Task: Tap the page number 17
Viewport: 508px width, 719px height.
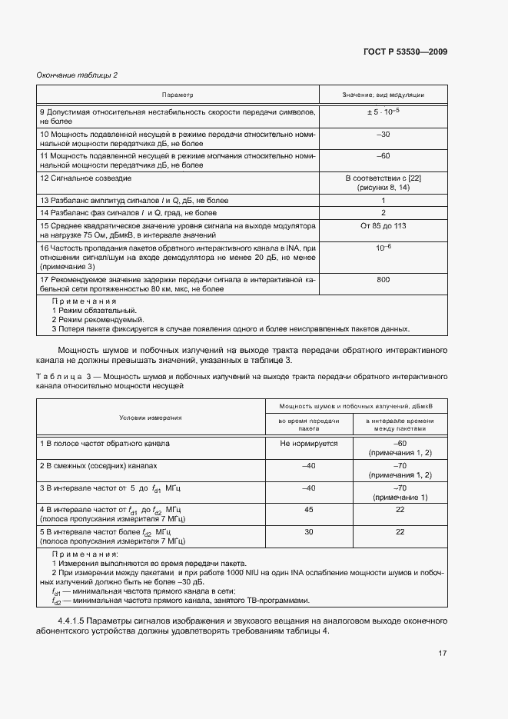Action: [442, 654]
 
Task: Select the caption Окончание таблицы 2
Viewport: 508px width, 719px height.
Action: [77, 75]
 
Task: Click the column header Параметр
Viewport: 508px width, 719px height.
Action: [178, 95]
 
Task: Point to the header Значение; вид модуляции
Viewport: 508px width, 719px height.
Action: [383, 95]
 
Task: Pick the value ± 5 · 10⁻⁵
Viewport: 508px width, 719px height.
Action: [383, 112]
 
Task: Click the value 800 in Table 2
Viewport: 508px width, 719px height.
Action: [383, 281]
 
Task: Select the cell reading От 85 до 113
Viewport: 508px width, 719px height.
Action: [383, 226]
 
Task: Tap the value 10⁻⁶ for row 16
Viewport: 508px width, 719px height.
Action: [383, 248]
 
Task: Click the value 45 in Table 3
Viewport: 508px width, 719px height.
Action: [309, 509]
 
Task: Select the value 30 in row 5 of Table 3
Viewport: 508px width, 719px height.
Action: [309, 531]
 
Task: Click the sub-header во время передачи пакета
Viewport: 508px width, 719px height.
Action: [309, 425]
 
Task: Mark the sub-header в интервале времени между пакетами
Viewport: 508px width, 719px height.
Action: [400, 425]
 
